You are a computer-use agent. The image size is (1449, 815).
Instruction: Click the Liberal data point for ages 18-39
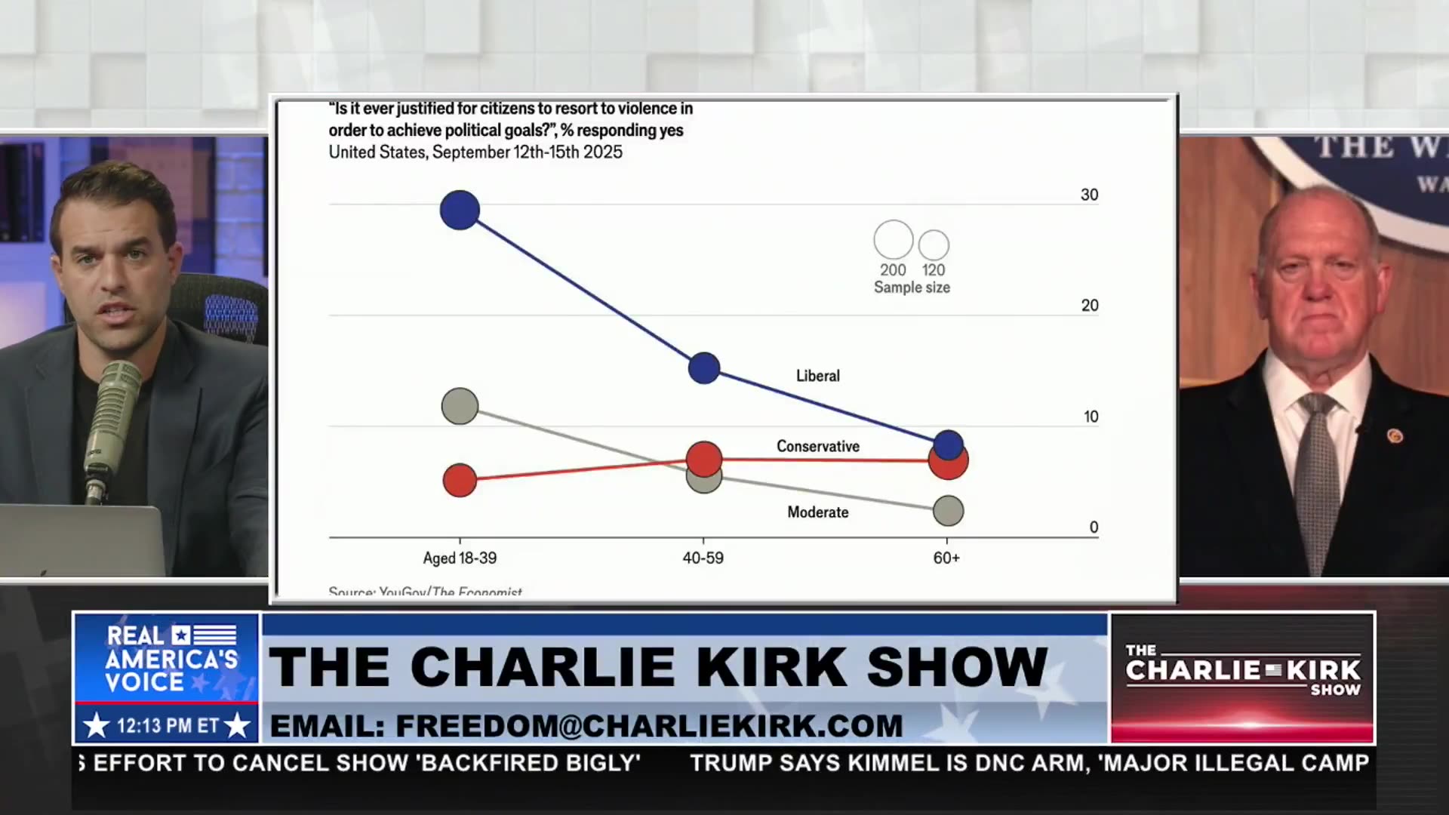tap(460, 210)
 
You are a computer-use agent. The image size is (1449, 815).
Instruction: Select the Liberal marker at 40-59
tap(704, 368)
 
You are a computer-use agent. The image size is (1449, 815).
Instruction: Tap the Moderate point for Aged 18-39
tap(460, 406)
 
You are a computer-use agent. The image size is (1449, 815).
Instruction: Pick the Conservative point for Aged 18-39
tap(460, 480)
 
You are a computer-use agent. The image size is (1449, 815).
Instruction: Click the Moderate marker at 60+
tap(948, 511)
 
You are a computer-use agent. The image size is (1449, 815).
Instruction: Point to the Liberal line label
tap(817, 376)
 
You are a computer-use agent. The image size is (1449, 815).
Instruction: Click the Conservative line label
tap(818, 446)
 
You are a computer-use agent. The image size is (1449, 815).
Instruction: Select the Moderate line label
tap(818, 512)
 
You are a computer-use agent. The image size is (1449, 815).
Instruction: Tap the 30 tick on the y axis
tap(1089, 195)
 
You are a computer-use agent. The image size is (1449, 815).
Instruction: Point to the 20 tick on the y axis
tap(1089, 306)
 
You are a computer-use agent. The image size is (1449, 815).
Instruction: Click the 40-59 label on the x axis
tap(703, 558)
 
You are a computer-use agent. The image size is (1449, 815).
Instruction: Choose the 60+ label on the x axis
tap(946, 558)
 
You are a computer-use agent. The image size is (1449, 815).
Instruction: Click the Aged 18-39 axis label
tap(460, 558)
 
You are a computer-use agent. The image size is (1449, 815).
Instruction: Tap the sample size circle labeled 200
tap(894, 240)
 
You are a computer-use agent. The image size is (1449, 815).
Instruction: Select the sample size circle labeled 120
tap(934, 245)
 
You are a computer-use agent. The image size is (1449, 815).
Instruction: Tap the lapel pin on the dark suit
tap(1395, 435)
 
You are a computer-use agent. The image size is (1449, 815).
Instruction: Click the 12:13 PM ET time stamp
tap(167, 726)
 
